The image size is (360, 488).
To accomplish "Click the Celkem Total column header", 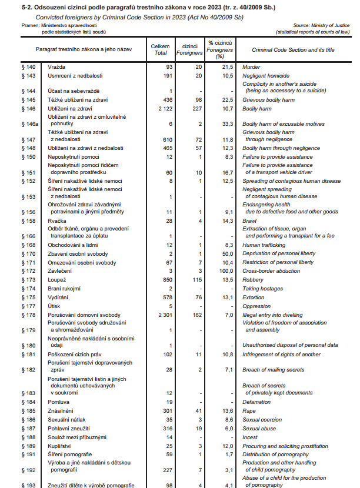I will [160, 49].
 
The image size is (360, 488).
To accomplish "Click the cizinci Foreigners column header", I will [189, 49].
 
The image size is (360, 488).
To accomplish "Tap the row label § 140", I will [28, 68].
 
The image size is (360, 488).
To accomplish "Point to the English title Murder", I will [251, 68].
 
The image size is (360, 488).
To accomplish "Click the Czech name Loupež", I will [56, 280].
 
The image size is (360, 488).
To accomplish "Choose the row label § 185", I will [28, 410].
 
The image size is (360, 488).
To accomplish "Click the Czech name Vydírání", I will [59, 298].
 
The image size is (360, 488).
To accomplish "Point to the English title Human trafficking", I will [264, 245].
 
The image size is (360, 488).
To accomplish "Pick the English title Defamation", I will [256, 402].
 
